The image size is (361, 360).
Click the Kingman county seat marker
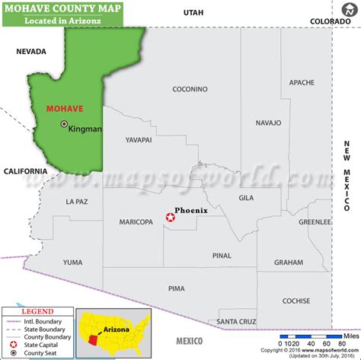tap(64, 123)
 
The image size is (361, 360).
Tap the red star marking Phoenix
tap(171, 218)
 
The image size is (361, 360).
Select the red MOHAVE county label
tap(64, 109)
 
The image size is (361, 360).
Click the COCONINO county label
tap(190, 89)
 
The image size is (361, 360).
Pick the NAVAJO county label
tap(268, 122)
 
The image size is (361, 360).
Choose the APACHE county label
tap(302, 82)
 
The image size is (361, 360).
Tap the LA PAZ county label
tap(77, 202)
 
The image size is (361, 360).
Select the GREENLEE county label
tap(315, 222)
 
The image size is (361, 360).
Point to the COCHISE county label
tap(296, 301)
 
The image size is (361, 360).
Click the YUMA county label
tap(72, 262)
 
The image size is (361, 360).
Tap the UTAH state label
tap(193, 13)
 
